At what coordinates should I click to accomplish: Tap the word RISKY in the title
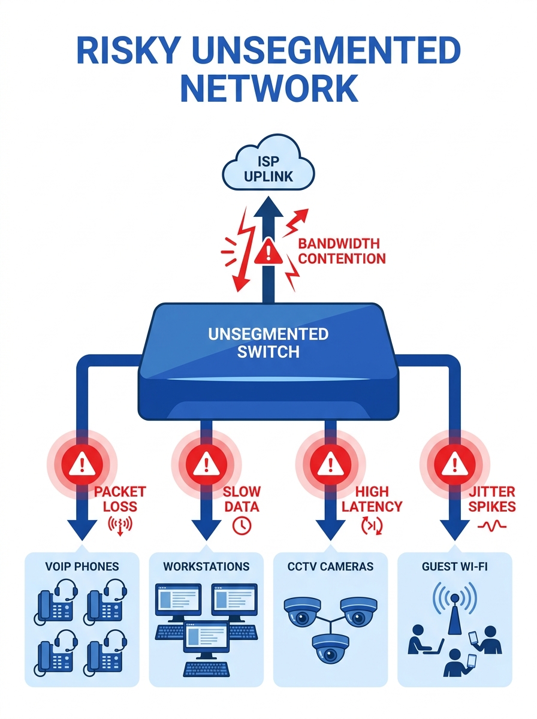click(x=126, y=52)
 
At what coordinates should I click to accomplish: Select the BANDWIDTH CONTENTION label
click(x=341, y=251)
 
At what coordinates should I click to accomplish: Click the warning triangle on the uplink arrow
click(x=268, y=254)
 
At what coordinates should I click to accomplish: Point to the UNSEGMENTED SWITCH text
click(x=268, y=342)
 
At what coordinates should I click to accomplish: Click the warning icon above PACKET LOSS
click(x=79, y=463)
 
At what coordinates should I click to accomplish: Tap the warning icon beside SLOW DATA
click(x=206, y=463)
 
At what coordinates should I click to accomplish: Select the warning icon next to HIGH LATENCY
click(x=330, y=463)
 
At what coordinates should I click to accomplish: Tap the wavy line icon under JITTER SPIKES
click(x=491, y=525)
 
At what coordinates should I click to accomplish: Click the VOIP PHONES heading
click(x=82, y=566)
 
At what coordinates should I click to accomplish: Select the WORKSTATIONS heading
click(x=206, y=566)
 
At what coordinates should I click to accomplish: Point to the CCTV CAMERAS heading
click(x=330, y=566)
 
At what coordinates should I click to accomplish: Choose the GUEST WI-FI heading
click(x=454, y=566)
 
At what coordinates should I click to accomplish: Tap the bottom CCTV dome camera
click(x=330, y=647)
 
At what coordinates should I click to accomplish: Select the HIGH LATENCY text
click(x=372, y=499)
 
